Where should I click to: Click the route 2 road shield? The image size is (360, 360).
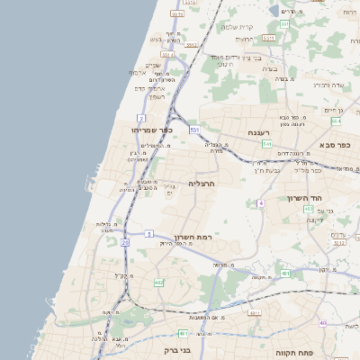[x=141, y=118]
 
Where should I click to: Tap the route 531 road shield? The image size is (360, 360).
[x=193, y=130]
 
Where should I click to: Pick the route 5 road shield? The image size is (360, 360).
[x=148, y=234]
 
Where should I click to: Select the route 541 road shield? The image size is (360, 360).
[x=267, y=143]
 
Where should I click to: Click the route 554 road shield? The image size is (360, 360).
[x=336, y=121]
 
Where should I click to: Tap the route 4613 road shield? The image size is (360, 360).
[x=254, y=312]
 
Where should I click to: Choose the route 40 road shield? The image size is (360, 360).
[x=322, y=322]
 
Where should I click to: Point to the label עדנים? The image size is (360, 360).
[x=338, y=236]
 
